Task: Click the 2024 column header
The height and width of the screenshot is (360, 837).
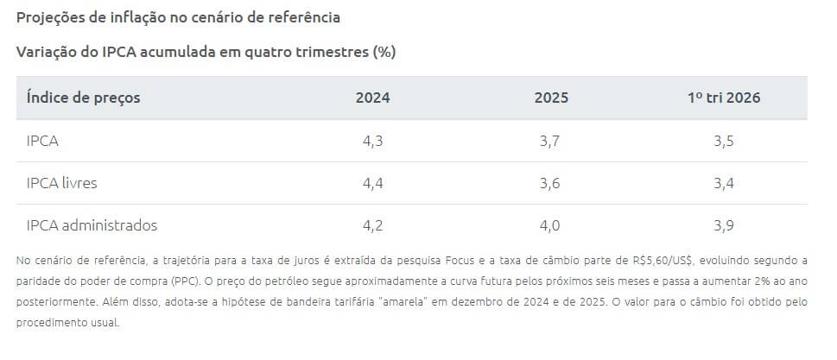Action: point(372,98)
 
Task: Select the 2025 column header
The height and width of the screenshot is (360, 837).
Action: point(551,98)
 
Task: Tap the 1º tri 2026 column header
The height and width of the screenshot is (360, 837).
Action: point(724,98)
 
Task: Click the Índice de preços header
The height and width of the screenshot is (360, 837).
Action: point(84,98)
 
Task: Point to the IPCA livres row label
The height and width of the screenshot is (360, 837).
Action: point(62,183)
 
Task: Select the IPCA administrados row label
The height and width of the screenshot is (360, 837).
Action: point(92,225)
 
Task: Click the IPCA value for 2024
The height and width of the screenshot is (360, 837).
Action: point(372,141)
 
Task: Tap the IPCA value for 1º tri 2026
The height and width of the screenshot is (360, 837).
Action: point(724,141)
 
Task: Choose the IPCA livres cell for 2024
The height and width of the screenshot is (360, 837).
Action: point(372,183)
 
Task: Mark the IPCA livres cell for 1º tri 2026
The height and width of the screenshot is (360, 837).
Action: point(724,183)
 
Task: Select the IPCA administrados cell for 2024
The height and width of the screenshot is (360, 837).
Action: point(372,225)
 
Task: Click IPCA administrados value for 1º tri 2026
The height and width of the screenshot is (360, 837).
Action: point(724,225)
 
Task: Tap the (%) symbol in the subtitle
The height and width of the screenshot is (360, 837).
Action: point(384,52)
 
